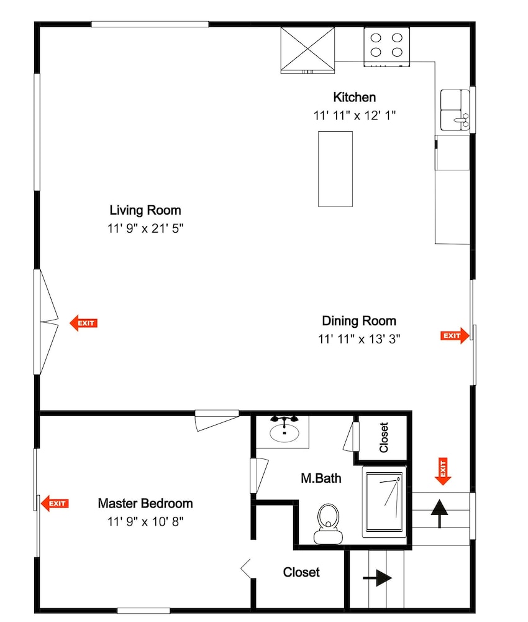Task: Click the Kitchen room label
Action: (354, 97)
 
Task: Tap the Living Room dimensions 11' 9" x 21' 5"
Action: (145, 228)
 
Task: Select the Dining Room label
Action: (359, 321)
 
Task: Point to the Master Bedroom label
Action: (145, 503)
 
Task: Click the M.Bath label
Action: (321, 478)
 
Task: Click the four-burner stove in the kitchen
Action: (386, 47)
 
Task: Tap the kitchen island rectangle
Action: (335, 169)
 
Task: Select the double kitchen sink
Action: (455, 110)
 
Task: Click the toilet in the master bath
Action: (328, 524)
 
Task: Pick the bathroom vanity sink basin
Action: (284, 433)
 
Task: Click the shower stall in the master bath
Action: (385, 502)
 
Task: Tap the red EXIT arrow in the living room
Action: (84, 323)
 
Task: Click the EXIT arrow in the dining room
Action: (455, 336)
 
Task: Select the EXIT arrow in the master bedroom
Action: (55, 503)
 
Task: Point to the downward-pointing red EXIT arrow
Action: (443, 471)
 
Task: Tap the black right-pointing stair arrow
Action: (378, 578)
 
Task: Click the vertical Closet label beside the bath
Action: (383, 437)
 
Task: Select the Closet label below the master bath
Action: (301, 572)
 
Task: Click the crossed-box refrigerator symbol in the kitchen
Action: (307, 50)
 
